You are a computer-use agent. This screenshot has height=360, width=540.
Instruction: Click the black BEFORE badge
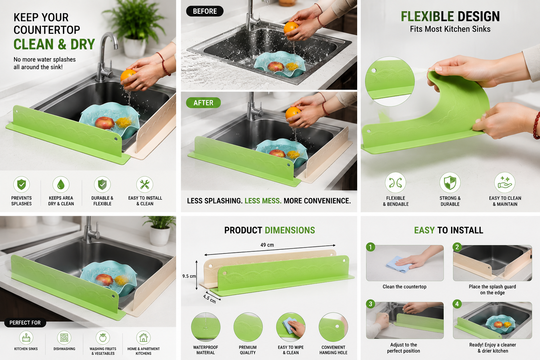coord(205,11)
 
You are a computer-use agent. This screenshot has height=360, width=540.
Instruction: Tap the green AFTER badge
coord(204,103)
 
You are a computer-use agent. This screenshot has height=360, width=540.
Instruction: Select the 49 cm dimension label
coord(267,245)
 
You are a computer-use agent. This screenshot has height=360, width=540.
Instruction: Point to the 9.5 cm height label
coord(189,276)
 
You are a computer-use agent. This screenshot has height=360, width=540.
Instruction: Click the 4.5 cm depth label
coord(209,299)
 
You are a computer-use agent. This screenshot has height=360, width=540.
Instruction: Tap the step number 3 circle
coord(371,304)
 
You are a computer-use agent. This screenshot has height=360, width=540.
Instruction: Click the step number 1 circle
coord(371,247)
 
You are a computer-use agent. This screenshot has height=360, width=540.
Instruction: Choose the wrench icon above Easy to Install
coord(144,185)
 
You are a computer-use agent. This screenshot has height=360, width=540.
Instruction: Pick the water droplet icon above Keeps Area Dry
coord(61,185)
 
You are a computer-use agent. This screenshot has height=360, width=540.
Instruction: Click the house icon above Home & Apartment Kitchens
coord(143,337)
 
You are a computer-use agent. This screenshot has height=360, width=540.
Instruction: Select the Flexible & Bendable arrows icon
coord(396,182)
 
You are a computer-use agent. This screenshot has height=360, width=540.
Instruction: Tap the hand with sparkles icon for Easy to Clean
coord(505,182)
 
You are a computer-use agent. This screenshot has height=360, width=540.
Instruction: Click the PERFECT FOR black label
coord(25,323)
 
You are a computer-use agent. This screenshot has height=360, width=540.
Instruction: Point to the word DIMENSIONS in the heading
coord(290,230)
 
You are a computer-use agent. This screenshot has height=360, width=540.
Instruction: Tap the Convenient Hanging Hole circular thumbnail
coord(333,327)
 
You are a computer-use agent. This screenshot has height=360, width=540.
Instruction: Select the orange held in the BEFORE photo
coord(291,28)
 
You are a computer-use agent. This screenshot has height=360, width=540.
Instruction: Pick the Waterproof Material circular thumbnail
coord(206,327)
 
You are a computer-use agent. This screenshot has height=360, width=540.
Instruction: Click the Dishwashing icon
coord(64,337)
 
